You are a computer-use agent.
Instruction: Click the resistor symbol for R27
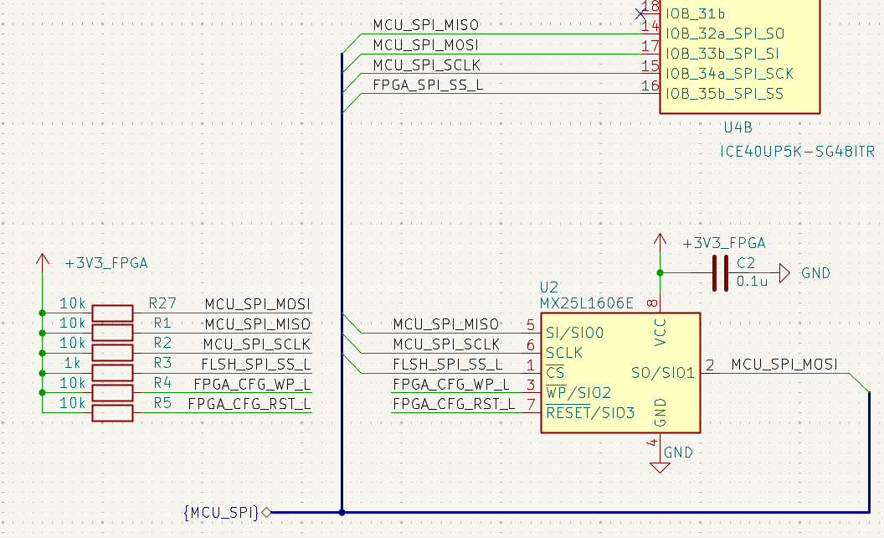112,313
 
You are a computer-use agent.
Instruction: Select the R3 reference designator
162,363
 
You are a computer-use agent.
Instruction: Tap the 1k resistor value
72,363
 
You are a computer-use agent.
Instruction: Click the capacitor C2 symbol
720,273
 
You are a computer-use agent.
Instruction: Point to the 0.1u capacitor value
752,281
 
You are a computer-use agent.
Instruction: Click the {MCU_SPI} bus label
221,513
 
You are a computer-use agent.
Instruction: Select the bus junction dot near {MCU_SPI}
342,513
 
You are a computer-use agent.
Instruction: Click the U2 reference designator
548,287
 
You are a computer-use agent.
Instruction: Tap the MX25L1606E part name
586,303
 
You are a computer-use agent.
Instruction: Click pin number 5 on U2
531,324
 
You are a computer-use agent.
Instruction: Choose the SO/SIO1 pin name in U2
662,373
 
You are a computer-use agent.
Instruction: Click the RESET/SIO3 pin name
590,412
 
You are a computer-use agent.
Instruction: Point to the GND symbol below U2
660,468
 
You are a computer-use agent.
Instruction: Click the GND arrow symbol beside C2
784,273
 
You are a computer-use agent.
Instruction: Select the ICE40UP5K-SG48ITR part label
797,152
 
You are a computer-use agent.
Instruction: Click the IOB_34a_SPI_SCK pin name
729,74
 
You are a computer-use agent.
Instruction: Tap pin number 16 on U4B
650,85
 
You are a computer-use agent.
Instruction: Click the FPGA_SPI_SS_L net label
428,85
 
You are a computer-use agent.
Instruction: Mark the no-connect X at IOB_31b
640,13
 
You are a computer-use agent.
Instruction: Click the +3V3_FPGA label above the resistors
106,264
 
